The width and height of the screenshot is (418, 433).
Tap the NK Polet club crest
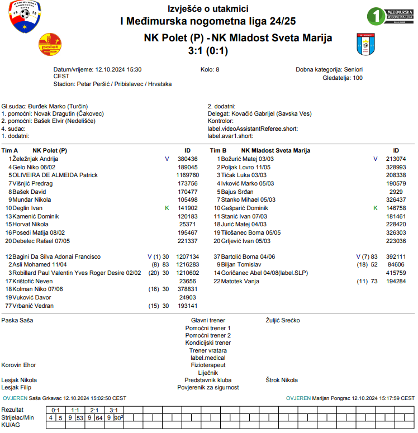50,45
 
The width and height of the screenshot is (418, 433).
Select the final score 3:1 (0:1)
208,51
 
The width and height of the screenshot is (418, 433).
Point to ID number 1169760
188,175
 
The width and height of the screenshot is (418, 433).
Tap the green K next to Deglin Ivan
167,208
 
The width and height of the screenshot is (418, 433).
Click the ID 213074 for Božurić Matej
396,159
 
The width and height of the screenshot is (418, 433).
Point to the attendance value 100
357,78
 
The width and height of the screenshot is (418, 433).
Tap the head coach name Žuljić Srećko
283,321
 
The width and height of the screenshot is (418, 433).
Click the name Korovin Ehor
19,365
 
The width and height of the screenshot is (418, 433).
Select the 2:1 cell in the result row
94,410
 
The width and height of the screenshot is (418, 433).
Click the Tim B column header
218,151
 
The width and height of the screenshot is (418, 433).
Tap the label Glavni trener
208,321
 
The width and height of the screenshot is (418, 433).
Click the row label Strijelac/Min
18,417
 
